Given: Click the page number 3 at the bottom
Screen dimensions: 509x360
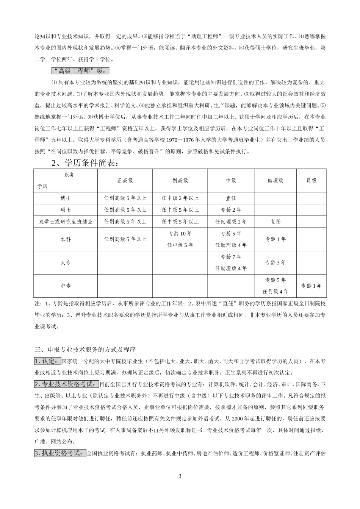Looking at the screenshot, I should tap(180, 476).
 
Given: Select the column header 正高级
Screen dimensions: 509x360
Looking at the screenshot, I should tap(125, 181).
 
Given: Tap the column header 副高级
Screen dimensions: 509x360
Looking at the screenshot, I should tap(180, 181).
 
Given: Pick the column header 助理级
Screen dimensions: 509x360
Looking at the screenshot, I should tap(275, 181).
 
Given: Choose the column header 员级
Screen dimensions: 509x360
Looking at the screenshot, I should tap(311, 181).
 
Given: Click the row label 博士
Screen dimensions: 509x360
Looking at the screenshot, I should tap(66, 198).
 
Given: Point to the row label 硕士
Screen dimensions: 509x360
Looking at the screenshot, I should tap(66, 210).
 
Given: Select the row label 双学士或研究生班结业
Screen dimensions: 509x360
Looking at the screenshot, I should tap(66, 222).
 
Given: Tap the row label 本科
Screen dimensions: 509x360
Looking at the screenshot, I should tap(66, 239).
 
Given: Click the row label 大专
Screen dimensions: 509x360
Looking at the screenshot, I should tap(66, 262).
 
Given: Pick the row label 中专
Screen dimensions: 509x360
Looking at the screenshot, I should tap(66, 286).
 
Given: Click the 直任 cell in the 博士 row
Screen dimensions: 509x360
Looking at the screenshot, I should tap(231, 198).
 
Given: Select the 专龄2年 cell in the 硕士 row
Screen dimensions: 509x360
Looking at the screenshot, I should tap(231, 210).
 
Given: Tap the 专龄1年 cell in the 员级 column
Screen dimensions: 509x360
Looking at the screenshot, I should tap(311, 286).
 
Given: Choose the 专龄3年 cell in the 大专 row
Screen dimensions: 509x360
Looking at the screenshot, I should tap(275, 262).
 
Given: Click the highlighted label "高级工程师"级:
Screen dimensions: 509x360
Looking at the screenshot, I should tap(80, 71).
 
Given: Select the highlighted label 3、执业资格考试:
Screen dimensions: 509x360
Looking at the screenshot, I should tap(60, 453).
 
